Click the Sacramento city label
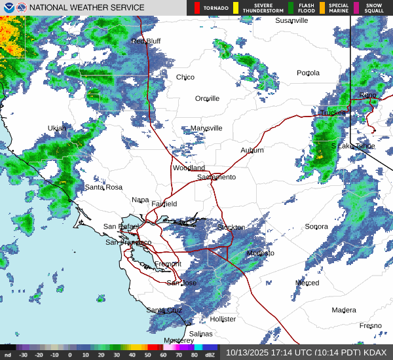click(216, 177)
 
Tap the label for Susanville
click(291, 21)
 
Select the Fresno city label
click(370, 326)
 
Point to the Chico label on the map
click(185, 77)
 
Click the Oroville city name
click(207, 99)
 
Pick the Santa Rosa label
click(103, 187)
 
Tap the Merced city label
click(307, 283)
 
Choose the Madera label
click(344, 310)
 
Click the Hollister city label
click(223, 319)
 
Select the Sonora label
click(316, 227)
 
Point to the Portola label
click(309, 73)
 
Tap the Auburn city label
click(252, 151)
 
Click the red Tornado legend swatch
click(197, 8)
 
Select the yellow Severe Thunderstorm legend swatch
click(235, 8)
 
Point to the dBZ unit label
click(210, 355)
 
